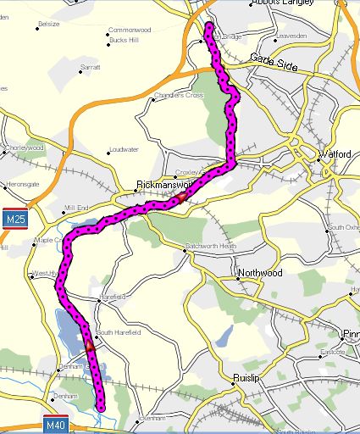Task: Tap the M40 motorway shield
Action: (x=56, y=424)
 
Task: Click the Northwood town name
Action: (x=259, y=274)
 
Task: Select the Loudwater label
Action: (x=124, y=151)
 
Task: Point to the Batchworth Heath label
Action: (x=211, y=247)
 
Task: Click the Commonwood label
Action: (x=128, y=30)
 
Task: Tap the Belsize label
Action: (x=49, y=25)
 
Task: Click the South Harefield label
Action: (x=118, y=331)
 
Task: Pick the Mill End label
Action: (x=75, y=207)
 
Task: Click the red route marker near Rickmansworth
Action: (x=181, y=198)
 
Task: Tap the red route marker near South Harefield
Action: (x=90, y=346)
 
